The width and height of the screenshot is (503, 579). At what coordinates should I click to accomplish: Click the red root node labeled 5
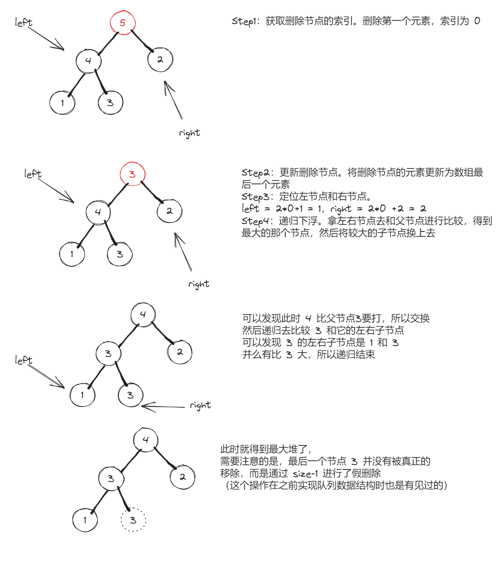tap(123, 23)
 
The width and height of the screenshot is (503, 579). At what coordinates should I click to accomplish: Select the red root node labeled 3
tap(132, 174)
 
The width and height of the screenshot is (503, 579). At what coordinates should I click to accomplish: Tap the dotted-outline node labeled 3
tap(133, 520)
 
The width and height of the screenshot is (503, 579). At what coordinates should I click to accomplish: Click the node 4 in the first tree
tap(88, 61)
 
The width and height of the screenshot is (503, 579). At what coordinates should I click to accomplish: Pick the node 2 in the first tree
tap(160, 60)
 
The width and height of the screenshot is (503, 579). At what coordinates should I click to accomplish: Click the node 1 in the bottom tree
tap(85, 520)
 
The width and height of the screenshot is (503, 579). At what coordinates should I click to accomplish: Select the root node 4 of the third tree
tap(143, 314)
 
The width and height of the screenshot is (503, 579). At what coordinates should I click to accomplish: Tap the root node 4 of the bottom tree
tap(145, 440)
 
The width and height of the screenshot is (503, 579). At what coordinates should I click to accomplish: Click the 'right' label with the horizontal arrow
tap(200, 405)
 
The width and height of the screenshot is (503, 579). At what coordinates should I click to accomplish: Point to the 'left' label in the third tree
tap(24, 360)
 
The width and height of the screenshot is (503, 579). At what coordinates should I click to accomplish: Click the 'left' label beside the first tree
tap(24, 22)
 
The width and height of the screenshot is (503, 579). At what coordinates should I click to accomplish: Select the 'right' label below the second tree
tap(199, 284)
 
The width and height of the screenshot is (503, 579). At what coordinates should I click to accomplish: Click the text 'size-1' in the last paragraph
tap(305, 474)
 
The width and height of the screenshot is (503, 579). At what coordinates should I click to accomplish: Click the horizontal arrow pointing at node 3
tap(163, 407)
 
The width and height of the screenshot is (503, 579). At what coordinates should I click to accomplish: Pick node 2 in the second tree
tap(169, 211)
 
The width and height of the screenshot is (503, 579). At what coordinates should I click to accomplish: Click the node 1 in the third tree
tap(82, 395)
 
